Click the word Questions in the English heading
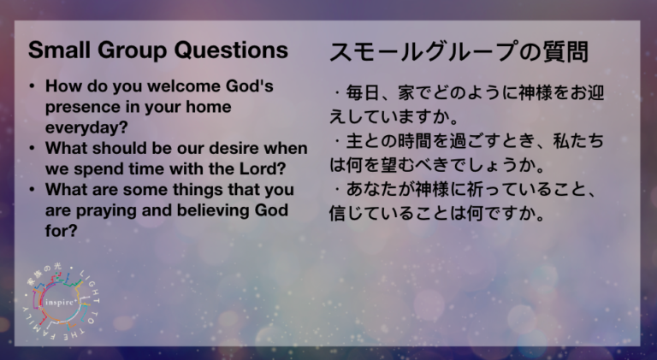pos(231,50)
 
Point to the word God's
pos(250,86)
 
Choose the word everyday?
pos(86,127)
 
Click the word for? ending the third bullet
pos(62,231)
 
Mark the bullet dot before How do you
pos(33,86)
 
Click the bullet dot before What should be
pos(33,149)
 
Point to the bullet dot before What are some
pos(33,190)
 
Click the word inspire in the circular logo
pos(60,302)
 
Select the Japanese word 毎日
pos(363,92)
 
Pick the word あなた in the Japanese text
pos(371,190)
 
